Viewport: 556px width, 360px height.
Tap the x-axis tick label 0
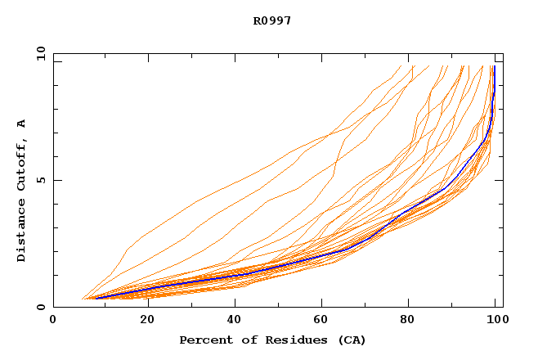click(x=53, y=320)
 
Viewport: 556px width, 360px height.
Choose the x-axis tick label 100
click(x=495, y=320)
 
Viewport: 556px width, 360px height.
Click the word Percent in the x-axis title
click(x=204, y=340)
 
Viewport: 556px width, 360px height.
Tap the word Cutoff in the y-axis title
click(x=21, y=167)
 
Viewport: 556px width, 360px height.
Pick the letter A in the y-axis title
click(x=21, y=124)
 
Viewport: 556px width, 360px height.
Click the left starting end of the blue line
click(x=96, y=298)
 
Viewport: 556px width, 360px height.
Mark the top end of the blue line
click(x=494, y=66)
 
